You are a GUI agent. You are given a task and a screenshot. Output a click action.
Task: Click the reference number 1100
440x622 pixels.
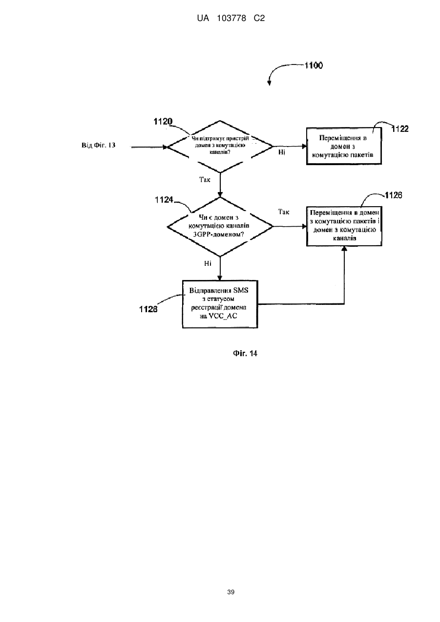click(x=314, y=65)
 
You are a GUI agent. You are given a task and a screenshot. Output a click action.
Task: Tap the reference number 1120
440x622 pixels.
click(x=163, y=121)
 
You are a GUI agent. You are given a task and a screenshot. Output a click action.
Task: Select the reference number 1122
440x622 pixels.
click(x=400, y=129)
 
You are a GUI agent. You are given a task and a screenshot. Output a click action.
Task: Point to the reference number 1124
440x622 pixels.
click(x=164, y=200)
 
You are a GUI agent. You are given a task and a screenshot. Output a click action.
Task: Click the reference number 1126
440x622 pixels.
click(x=394, y=195)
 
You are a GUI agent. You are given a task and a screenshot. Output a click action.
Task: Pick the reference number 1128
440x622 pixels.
click(x=148, y=309)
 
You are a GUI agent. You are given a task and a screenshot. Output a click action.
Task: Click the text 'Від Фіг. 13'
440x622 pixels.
click(x=98, y=145)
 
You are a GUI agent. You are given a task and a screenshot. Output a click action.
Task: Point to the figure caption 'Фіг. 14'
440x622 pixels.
click(x=245, y=353)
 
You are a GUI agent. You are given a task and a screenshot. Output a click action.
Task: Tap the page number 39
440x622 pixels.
click(x=230, y=592)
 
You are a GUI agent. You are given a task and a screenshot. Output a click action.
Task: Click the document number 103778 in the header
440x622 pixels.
click(x=231, y=19)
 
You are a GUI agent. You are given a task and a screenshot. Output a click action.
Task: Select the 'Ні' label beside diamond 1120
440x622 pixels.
click(x=281, y=152)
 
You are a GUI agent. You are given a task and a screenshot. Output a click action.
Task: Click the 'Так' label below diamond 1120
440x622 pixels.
click(x=205, y=180)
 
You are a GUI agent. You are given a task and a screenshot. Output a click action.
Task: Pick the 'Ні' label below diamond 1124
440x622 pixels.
click(x=208, y=263)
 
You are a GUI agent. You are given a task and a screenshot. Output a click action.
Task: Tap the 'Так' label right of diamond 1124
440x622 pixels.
click(x=283, y=212)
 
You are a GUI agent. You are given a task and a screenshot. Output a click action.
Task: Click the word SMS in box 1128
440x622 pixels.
click(x=241, y=290)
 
